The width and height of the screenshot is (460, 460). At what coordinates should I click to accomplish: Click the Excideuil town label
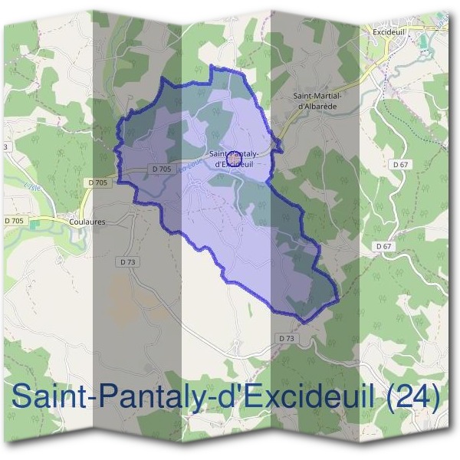391,34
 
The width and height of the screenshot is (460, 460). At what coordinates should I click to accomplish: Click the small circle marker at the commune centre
235,153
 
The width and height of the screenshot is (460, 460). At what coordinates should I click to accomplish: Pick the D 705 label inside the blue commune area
161,169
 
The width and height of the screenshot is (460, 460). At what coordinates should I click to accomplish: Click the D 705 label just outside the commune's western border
97,182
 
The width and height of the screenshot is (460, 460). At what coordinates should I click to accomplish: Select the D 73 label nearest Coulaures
128,261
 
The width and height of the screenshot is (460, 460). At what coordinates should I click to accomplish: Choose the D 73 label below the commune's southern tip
287,338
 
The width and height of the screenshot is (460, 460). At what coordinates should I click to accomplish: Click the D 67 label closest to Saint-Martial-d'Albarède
400,164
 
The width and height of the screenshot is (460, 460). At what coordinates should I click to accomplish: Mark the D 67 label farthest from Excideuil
384,246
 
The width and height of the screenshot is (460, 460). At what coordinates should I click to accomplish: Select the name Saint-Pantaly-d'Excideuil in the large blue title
195,397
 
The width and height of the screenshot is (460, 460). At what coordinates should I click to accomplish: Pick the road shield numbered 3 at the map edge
5,146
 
